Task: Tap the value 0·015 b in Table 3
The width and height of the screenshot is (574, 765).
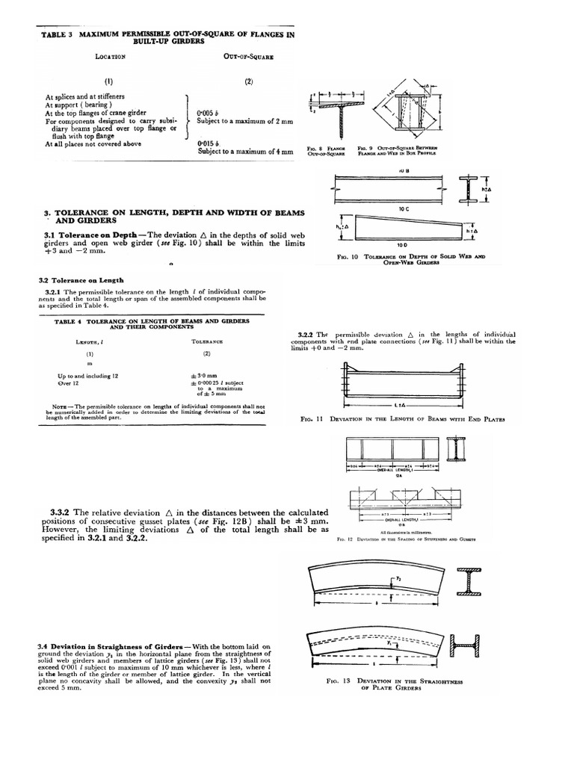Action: tap(208, 143)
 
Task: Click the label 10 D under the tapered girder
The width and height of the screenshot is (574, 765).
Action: tap(401, 244)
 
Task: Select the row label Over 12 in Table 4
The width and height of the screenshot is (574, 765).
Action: tap(69, 382)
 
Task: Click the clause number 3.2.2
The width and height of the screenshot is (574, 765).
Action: tap(300, 334)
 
